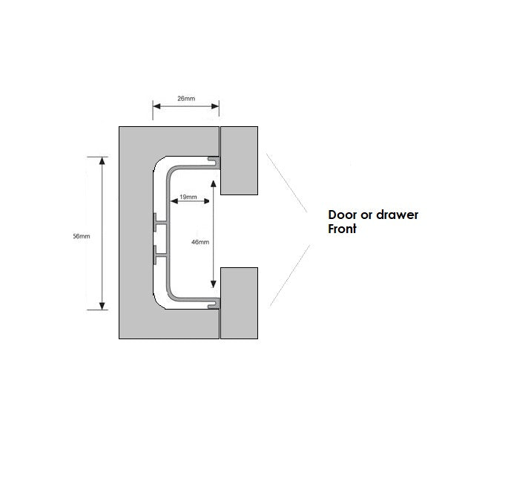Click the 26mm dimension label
[x=186, y=99]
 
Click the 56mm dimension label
[x=82, y=236]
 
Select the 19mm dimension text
[x=188, y=197]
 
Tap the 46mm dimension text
[x=200, y=242]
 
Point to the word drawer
[x=398, y=215]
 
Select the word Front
[x=342, y=229]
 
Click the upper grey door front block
[x=240, y=160]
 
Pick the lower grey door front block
[x=240, y=303]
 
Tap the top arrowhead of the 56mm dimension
[x=102, y=160]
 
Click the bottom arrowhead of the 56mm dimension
[x=102, y=306]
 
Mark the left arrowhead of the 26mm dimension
[x=156, y=106]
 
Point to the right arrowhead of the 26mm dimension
[x=215, y=106]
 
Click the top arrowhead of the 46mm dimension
[x=214, y=183]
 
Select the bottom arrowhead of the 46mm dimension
[x=214, y=284]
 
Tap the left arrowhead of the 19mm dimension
[x=174, y=201]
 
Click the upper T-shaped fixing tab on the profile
[x=160, y=223]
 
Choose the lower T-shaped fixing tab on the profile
[x=160, y=255]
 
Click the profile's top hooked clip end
[x=214, y=162]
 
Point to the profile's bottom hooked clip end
[x=214, y=304]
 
